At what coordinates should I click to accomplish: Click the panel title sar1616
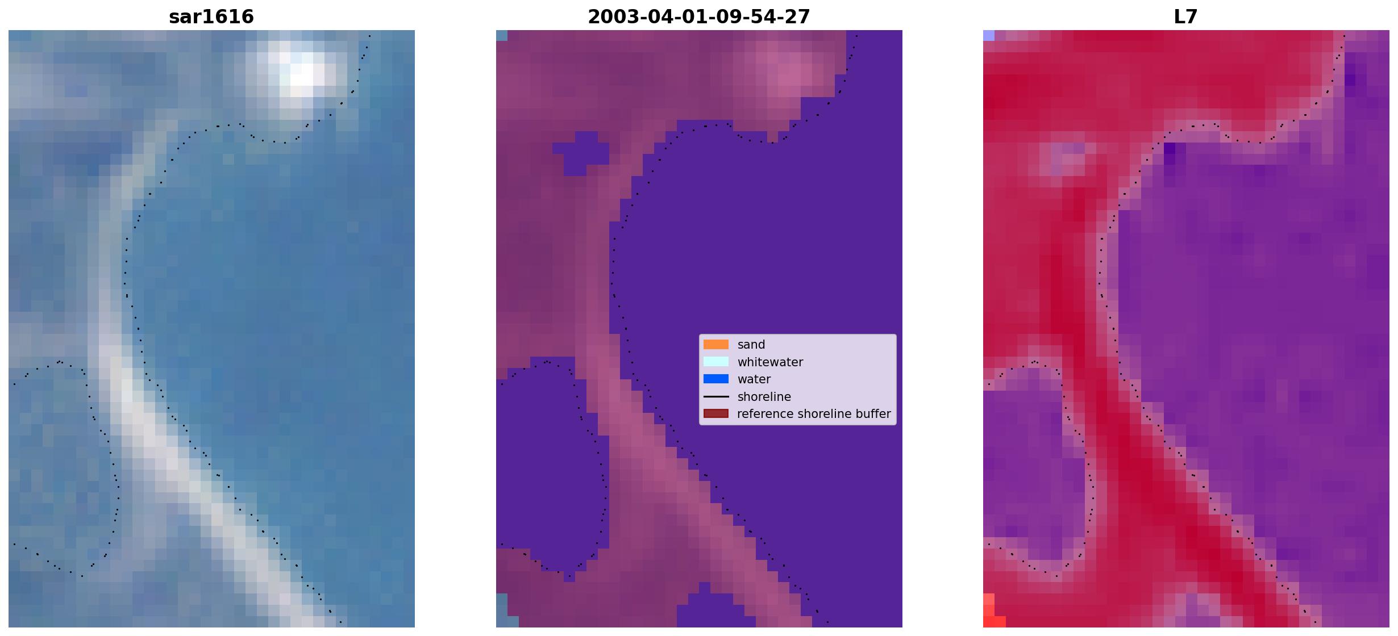click(x=211, y=16)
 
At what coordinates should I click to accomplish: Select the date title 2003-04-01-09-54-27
click(x=698, y=16)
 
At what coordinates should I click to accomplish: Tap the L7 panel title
click(x=1185, y=16)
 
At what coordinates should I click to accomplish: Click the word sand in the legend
click(x=751, y=345)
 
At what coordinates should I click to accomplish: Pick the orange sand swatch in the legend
click(x=716, y=345)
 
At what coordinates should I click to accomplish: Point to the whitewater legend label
click(x=770, y=362)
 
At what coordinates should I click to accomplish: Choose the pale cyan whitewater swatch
click(x=716, y=362)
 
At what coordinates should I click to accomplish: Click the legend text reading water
click(x=754, y=379)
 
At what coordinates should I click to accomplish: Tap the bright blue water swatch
click(x=716, y=379)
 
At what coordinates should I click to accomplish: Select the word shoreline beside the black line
click(x=764, y=396)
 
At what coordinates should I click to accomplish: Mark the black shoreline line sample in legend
click(x=716, y=396)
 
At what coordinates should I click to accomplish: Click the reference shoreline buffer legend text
click(x=814, y=414)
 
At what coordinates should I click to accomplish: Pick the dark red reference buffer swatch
click(x=716, y=414)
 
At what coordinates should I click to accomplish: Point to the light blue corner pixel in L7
click(x=989, y=35)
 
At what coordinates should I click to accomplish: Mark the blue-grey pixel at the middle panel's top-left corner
click(x=501, y=35)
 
